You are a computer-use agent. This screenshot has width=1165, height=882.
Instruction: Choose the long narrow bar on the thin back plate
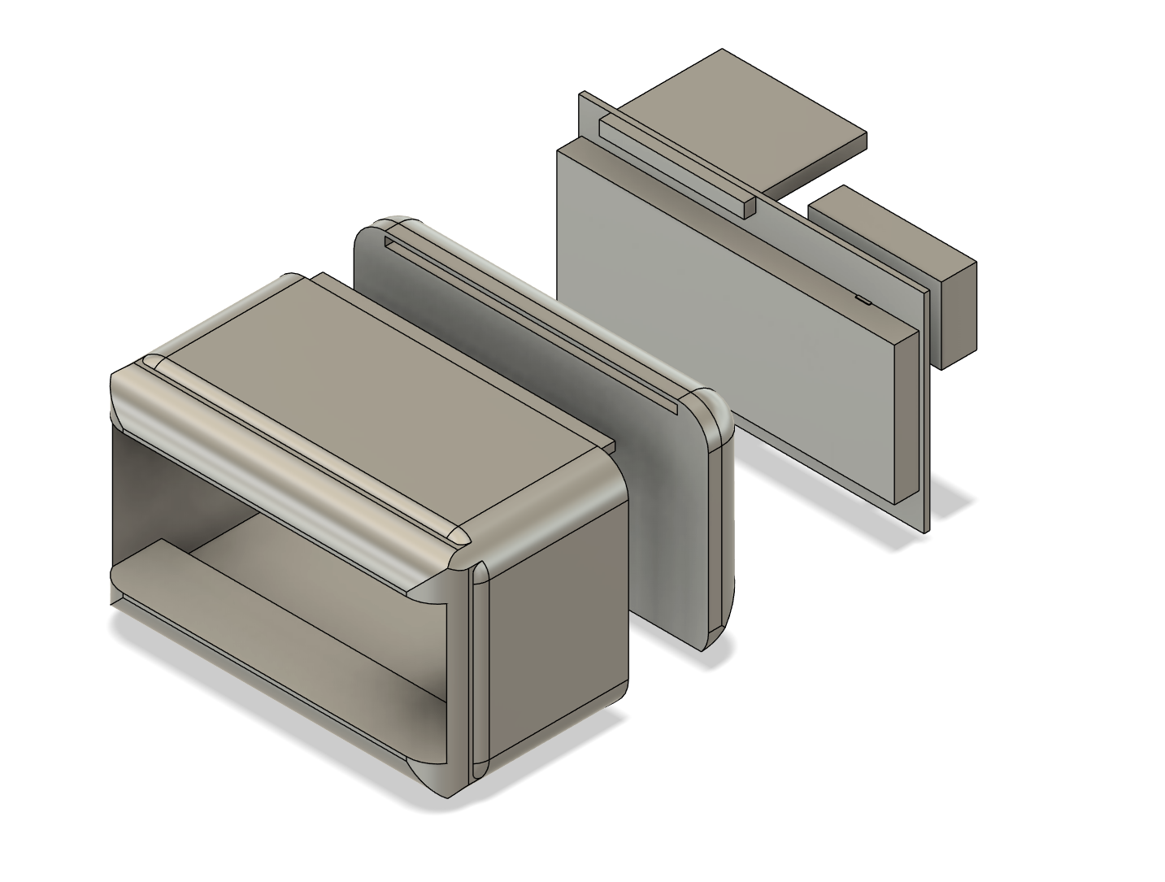[675, 163]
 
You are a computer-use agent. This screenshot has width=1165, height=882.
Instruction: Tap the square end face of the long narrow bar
[749, 206]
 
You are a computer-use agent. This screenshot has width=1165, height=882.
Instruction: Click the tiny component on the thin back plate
[863, 300]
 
